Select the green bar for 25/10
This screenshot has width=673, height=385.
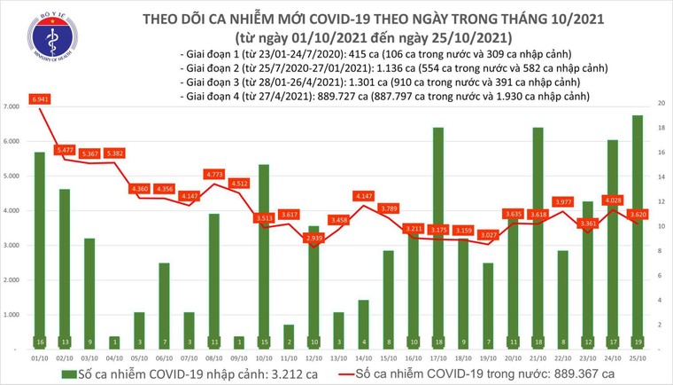coord(638,231)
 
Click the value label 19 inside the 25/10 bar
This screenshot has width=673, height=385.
coord(638,341)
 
